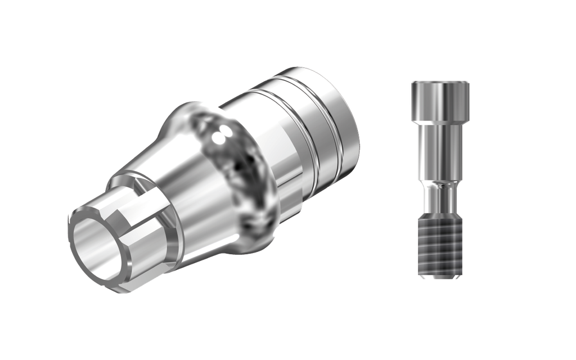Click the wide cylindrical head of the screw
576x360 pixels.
440,101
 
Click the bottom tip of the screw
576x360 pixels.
440,276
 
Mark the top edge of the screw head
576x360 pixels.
440,82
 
